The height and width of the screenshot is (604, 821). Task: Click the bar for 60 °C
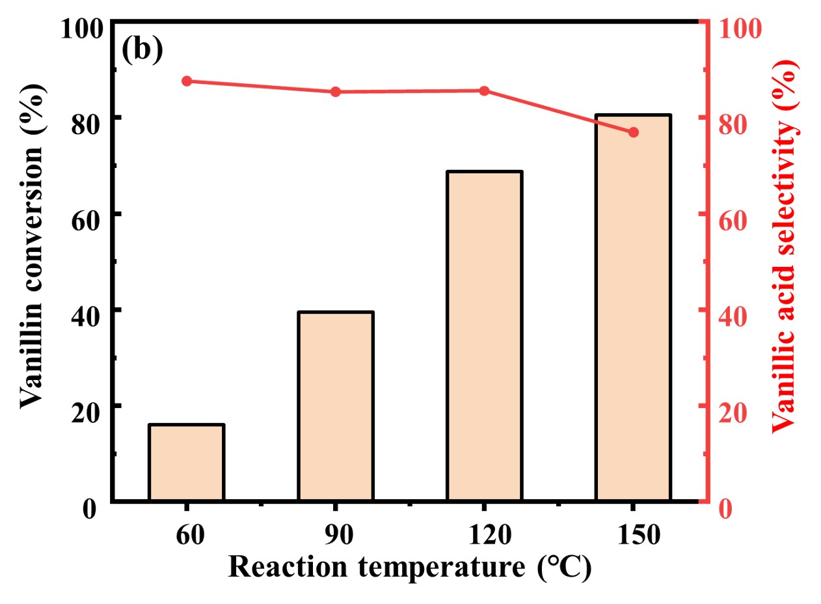coord(187,463)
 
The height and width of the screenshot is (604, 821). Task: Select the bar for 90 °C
coord(336,407)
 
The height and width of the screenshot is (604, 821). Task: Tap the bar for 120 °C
coord(484,336)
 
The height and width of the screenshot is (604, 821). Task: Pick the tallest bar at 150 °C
coord(633,308)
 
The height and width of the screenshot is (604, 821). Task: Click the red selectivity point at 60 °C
coord(187,81)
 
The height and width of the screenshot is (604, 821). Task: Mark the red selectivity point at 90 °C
coord(336,92)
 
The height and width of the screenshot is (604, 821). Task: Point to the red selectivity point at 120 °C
coord(484,90)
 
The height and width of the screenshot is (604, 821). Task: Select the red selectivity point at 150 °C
coord(633,133)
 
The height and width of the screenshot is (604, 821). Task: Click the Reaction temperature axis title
coord(409,566)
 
